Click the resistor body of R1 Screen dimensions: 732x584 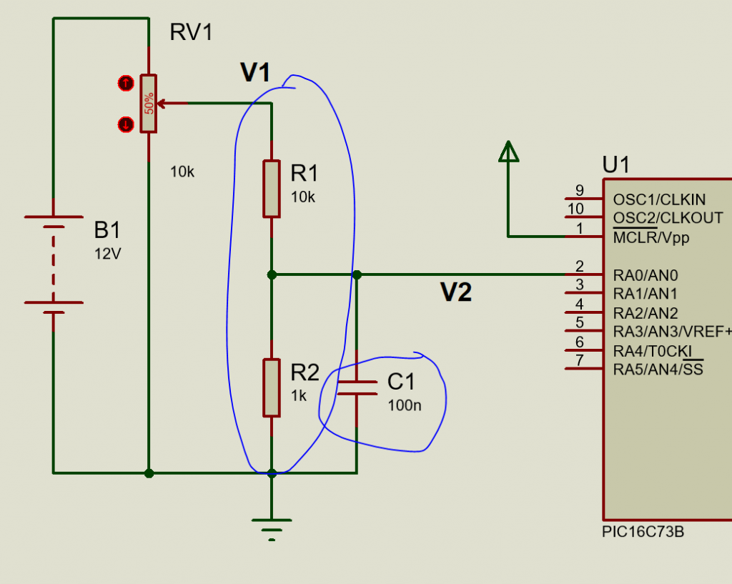[x=272, y=189]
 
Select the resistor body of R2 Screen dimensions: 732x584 [x=272, y=387]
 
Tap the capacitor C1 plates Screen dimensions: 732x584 [x=357, y=388]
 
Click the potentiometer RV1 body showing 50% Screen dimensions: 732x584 [x=149, y=104]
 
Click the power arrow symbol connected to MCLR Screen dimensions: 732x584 [x=508, y=152]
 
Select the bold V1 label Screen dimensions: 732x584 [x=255, y=73]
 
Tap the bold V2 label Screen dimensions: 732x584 [x=456, y=292]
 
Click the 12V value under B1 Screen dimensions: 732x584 [x=108, y=254]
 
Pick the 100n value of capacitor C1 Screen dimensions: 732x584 [x=405, y=405]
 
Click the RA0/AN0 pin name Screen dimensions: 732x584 [x=646, y=275]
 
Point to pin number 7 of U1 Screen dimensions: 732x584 [x=579, y=360]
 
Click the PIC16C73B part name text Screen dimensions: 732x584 [x=643, y=532]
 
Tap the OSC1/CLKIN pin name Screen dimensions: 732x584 [x=659, y=200]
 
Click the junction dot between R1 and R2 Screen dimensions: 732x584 [x=272, y=275]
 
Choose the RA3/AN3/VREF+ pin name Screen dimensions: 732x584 [x=672, y=332]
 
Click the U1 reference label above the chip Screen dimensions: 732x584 [x=615, y=165]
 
